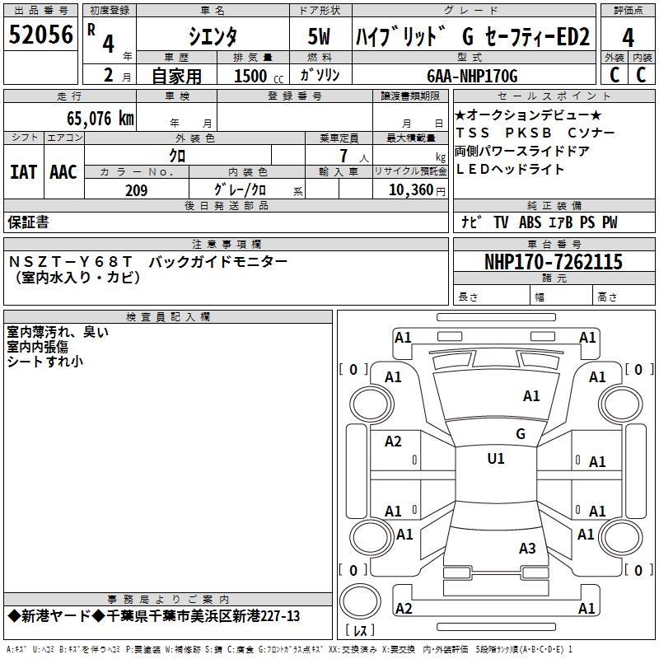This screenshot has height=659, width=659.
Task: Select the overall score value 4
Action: pyautogui.click(x=628, y=38)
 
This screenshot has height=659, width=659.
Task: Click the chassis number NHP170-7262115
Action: pyautogui.click(x=554, y=262)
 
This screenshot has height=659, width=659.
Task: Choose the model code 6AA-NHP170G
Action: pyautogui.click(x=472, y=76)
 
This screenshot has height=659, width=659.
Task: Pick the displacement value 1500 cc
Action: pyautogui.click(x=255, y=76)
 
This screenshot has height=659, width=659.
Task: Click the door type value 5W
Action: pyautogui.click(x=320, y=36)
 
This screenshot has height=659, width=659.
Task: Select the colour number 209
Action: pyautogui.click(x=136, y=190)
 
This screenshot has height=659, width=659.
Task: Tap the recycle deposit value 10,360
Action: pyautogui.click(x=409, y=190)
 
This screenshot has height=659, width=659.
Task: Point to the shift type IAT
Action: pyautogui.click(x=23, y=172)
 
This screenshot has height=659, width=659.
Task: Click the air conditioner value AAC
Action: pyautogui.click(x=63, y=172)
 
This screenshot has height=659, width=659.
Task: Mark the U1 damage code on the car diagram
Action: pyautogui.click(x=496, y=459)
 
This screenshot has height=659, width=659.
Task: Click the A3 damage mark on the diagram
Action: pyautogui.click(x=527, y=548)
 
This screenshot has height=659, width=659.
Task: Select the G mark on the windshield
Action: pyautogui.click(x=521, y=434)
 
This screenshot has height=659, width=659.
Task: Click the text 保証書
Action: pyautogui.click(x=28, y=222)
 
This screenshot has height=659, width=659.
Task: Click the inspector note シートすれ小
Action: pyautogui.click(x=45, y=361)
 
